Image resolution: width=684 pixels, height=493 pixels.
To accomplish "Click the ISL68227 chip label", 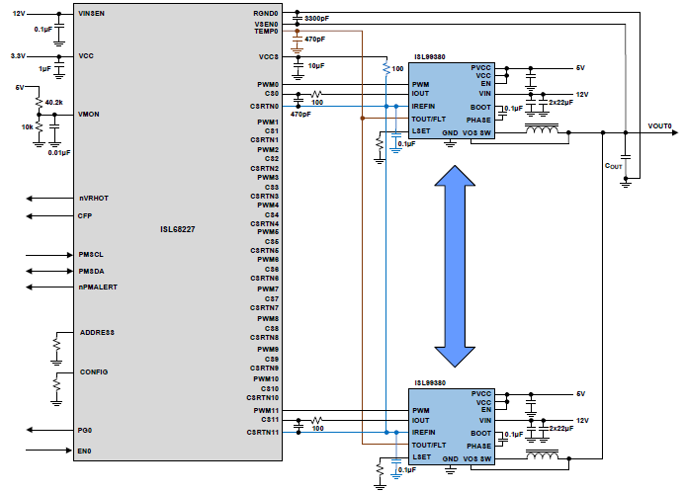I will tap(178, 229).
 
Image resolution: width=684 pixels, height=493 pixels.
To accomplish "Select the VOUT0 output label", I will tap(659, 126).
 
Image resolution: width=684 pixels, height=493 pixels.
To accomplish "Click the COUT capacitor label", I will tap(613, 167).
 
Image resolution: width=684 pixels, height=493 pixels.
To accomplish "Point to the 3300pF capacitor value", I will tap(318, 19).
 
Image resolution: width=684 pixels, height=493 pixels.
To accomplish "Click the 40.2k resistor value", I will tap(53, 102).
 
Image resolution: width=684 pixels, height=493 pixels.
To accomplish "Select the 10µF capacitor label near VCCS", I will tap(316, 65).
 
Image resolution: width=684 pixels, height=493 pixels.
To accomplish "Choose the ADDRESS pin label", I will tap(97, 333).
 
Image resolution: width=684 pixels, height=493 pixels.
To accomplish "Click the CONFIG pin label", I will tap(93, 371).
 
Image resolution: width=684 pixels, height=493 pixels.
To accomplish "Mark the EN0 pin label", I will tap(85, 452).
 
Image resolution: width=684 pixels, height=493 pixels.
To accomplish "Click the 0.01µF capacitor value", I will tap(59, 153).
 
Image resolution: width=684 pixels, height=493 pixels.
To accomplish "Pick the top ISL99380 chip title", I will tap(428, 58).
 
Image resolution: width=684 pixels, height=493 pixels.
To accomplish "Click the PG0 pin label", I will tap(85, 430).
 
